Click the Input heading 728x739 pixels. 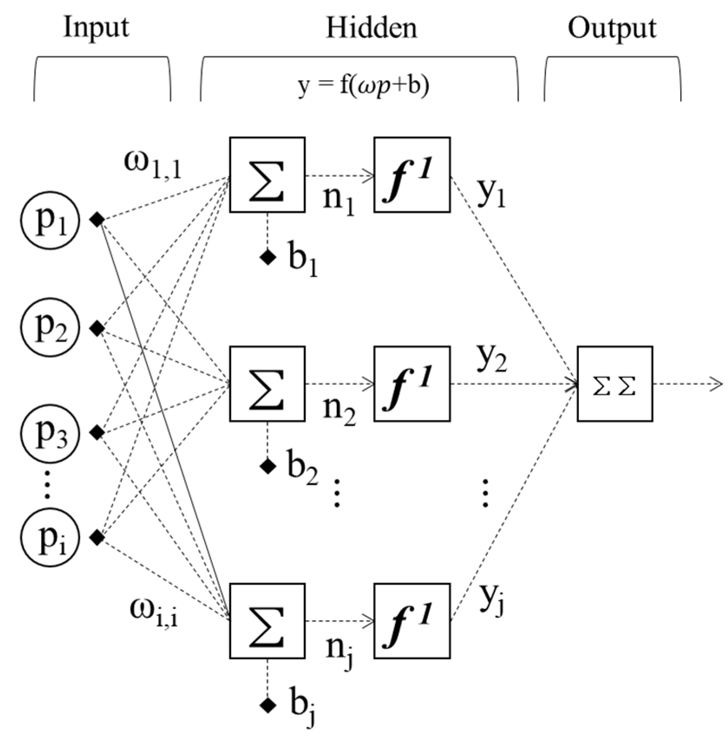(x=96, y=28)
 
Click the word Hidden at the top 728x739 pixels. (x=371, y=28)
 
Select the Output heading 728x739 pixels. (x=612, y=29)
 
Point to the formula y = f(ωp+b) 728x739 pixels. (x=363, y=85)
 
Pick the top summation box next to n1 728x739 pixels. (x=267, y=175)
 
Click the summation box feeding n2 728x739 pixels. (x=267, y=384)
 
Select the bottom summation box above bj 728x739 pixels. (x=267, y=621)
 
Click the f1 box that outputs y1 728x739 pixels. (x=412, y=175)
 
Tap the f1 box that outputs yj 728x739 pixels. (x=412, y=621)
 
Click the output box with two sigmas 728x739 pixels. (x=614, y=384)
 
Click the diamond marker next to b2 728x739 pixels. (x=268, y=466)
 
